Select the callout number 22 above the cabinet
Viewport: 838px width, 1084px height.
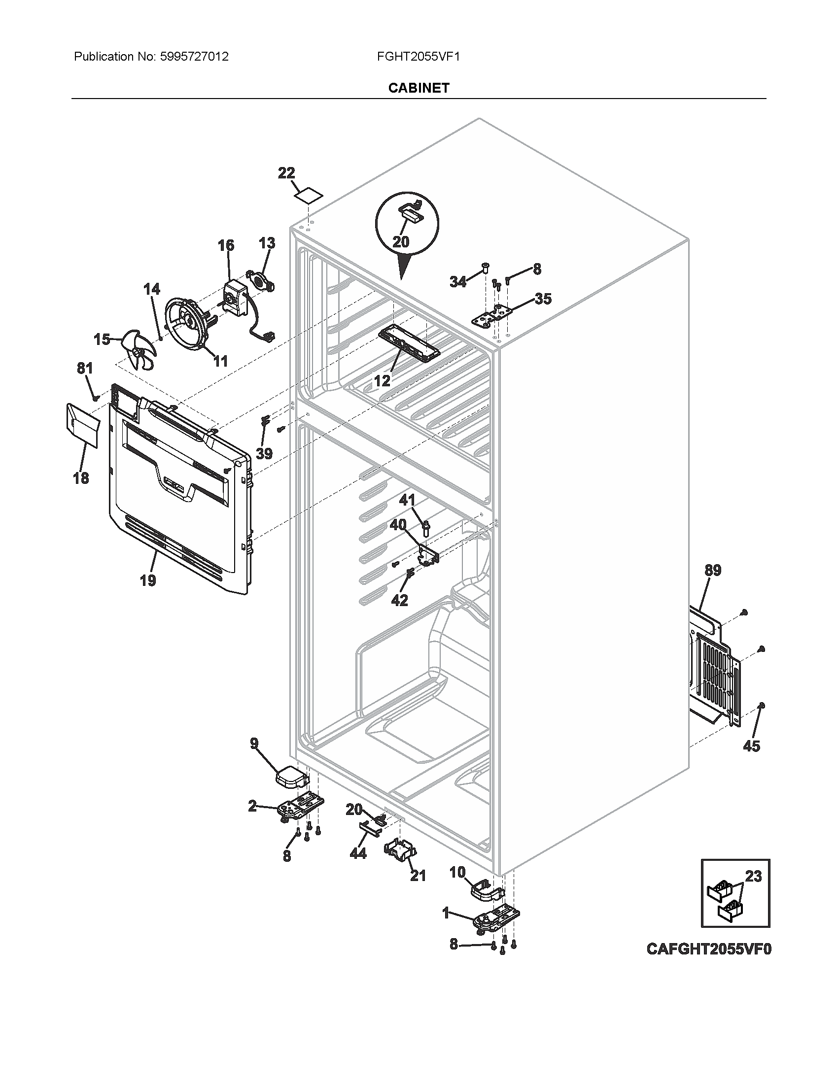point(286,173)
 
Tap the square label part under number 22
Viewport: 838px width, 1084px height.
point(307,196)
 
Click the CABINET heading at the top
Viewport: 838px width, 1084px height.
point(419,88)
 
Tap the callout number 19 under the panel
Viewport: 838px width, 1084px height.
point(147,580)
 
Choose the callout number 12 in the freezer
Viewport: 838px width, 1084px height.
point(382,381)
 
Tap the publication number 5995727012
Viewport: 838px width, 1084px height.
point(194,57)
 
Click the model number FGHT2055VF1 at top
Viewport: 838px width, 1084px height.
point(419,57)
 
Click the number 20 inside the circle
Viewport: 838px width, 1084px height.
point(401,242)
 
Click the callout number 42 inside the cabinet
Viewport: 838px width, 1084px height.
point(399,601)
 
